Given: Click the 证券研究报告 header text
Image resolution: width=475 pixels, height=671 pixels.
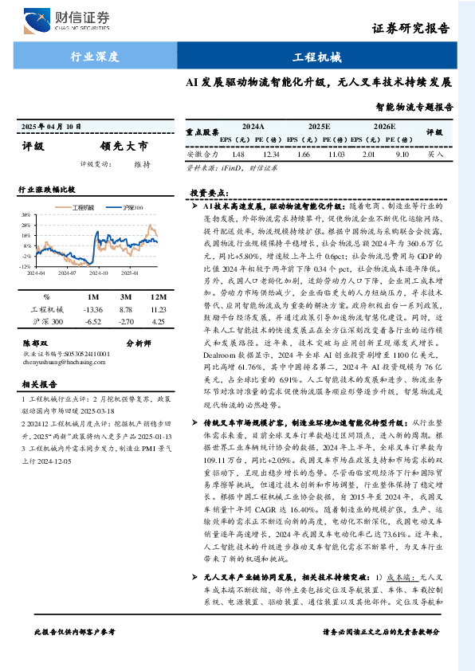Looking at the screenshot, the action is click(410, 30).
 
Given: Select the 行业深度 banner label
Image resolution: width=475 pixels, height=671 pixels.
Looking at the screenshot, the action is click(95, 57).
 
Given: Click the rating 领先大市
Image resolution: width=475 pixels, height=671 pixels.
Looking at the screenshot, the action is click(124, 146).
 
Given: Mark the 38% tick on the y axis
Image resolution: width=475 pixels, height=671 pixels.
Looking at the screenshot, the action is click(26, 215).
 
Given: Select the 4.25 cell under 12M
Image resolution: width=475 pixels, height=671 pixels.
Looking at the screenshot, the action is click(157, 321).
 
